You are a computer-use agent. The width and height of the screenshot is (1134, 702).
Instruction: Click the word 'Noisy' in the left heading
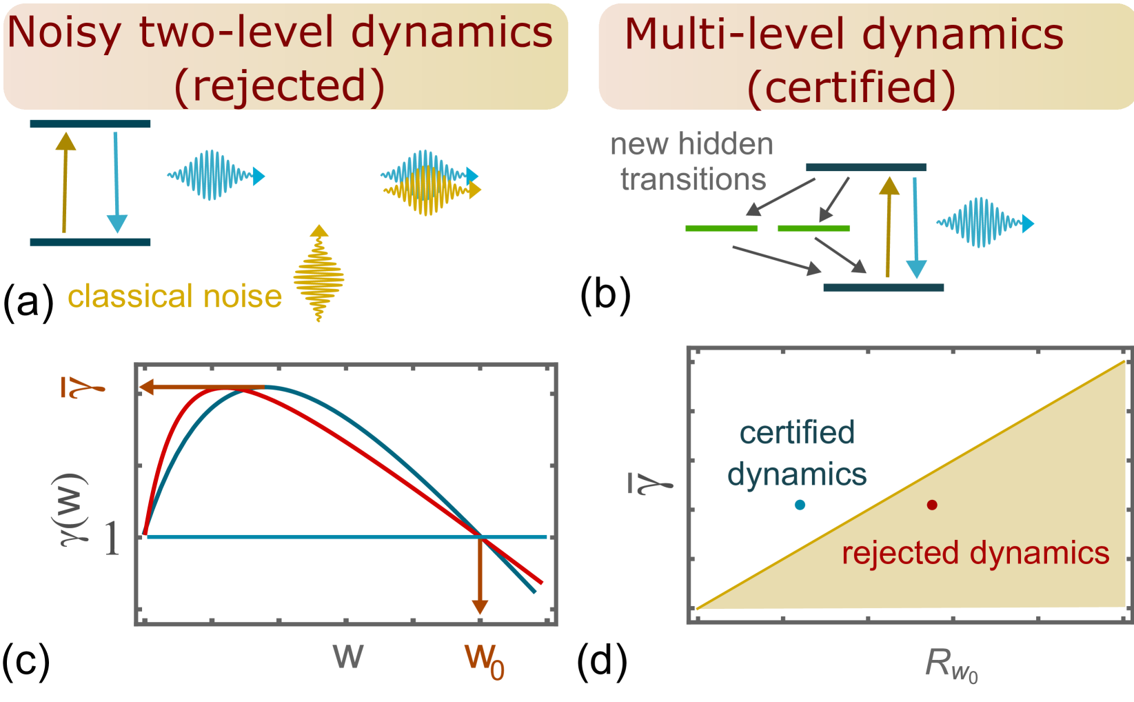(x=64, y=33)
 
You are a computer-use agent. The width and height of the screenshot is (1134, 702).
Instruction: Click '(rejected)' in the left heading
(x=279, y=86)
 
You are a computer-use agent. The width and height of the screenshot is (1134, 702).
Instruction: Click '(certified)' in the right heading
(x=852, y=88)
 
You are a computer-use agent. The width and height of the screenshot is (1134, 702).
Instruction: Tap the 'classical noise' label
(x=175, y=297)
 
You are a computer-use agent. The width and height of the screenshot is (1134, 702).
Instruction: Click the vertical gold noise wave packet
(x=318, y=277)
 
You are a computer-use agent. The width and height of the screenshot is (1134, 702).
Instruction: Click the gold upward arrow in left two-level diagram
(x=65, y=182)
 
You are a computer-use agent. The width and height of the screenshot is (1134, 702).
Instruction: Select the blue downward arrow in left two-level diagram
(x=117, y=182)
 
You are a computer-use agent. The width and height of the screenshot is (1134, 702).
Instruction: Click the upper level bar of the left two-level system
(x=90, y=123)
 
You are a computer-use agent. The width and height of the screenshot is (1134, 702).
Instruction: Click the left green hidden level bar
(x=721, y=228)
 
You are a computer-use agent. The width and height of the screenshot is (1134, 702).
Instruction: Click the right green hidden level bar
(x=813, y=228)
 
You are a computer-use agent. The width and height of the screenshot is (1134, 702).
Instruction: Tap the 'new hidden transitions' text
(x=692, y=162)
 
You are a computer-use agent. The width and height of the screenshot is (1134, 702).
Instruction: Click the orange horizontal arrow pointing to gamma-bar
(x=200, y=388)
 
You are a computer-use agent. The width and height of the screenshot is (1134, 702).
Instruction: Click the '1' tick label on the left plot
(x=112, y=539)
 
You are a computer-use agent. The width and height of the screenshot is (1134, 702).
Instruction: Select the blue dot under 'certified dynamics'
(x=800, y=505)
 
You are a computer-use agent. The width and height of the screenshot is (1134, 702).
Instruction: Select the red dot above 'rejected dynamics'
(x=932, y=505)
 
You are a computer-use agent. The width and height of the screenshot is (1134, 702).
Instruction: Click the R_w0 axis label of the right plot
(x=951, y=665)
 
